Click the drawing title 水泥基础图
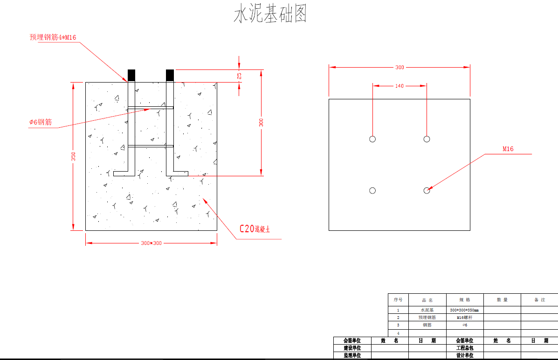coord(270,14)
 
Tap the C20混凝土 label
coord(255,229)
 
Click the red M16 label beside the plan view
coord(508,149)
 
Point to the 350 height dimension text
coord(73,156)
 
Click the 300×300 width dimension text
coord(151,243)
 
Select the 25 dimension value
coord(240,76)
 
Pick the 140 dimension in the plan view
coord(400,86)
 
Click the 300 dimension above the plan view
coord(400,68)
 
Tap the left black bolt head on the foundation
coord(131,75)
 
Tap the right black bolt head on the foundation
coord(170,75)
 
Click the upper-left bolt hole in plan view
coord(372,139)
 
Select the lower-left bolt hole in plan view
coord(372,190)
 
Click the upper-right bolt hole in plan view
coord(427,139)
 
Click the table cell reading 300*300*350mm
coord(464,310)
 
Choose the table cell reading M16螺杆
coord(464,317)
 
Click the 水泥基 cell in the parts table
coord(427,310)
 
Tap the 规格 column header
coord(464,300)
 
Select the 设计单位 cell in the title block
coord(465,355)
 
